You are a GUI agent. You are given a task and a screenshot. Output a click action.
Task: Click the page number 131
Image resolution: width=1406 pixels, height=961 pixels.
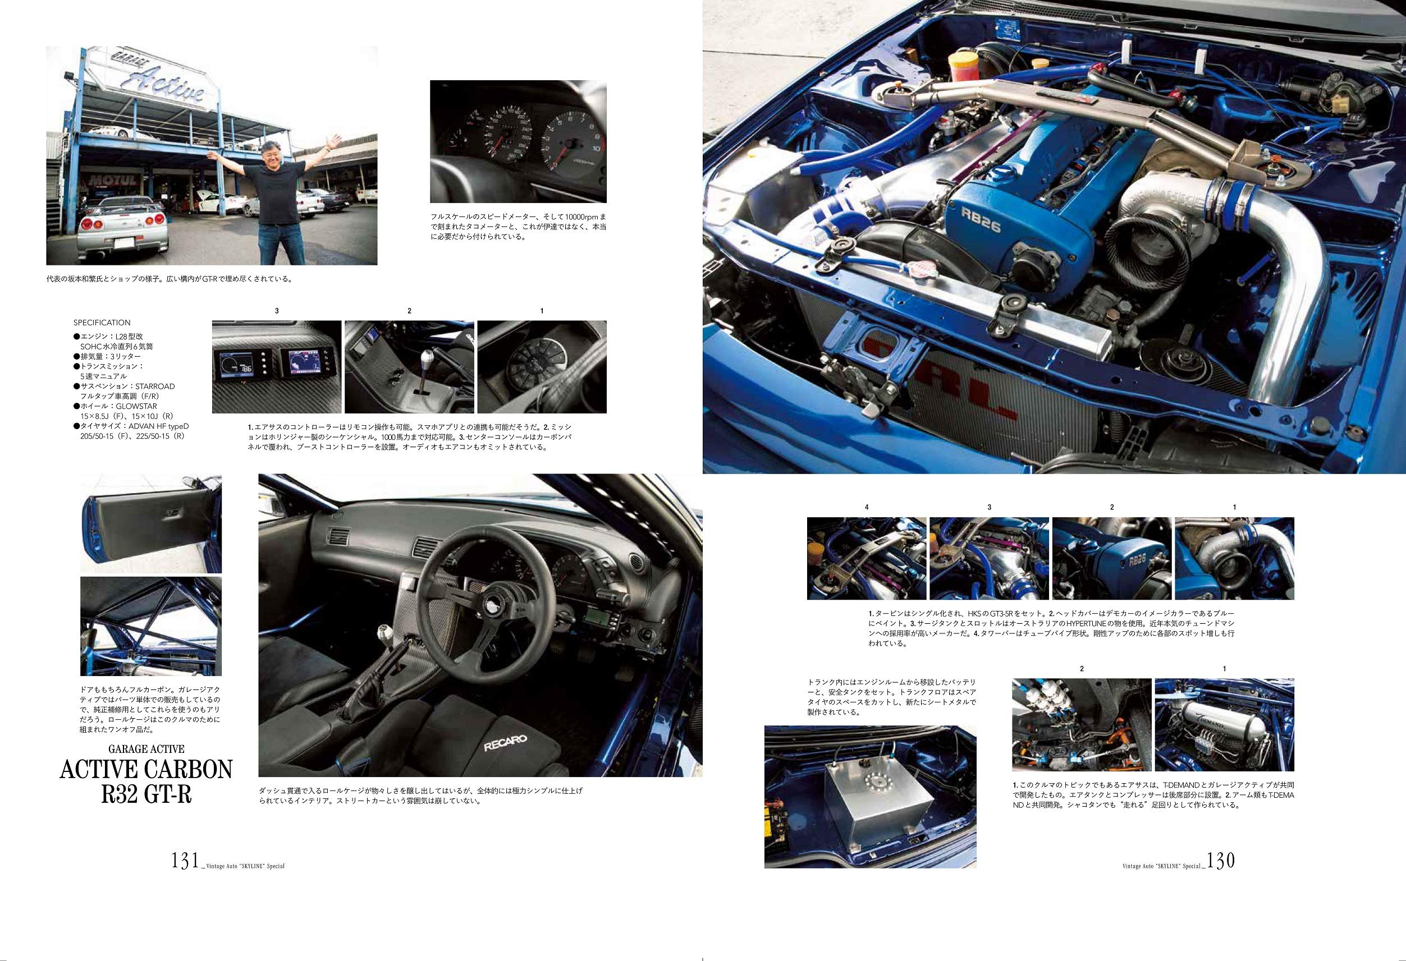tap(185, 860)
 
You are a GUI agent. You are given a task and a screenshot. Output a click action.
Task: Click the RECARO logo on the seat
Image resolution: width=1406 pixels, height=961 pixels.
tap(505, 743)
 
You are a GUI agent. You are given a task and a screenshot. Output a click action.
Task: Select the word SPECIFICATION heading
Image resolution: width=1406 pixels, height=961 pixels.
tap(102, 323)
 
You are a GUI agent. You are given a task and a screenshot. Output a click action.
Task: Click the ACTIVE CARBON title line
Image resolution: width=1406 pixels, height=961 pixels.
tap(146, 769)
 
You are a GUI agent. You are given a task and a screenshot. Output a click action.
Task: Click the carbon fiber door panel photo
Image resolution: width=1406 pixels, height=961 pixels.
tap(150, 524)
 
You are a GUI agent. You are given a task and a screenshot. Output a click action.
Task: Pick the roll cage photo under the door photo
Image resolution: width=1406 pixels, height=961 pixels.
tap(150, 626)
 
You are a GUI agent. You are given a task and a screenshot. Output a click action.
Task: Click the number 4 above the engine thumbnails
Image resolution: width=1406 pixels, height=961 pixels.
tap(867, 507)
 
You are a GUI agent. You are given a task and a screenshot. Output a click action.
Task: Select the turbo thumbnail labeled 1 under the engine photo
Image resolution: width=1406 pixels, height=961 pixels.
tap(1234, 558)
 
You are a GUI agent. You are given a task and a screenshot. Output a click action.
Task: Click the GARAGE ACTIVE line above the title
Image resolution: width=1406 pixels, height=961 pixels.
tap(146, 749)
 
